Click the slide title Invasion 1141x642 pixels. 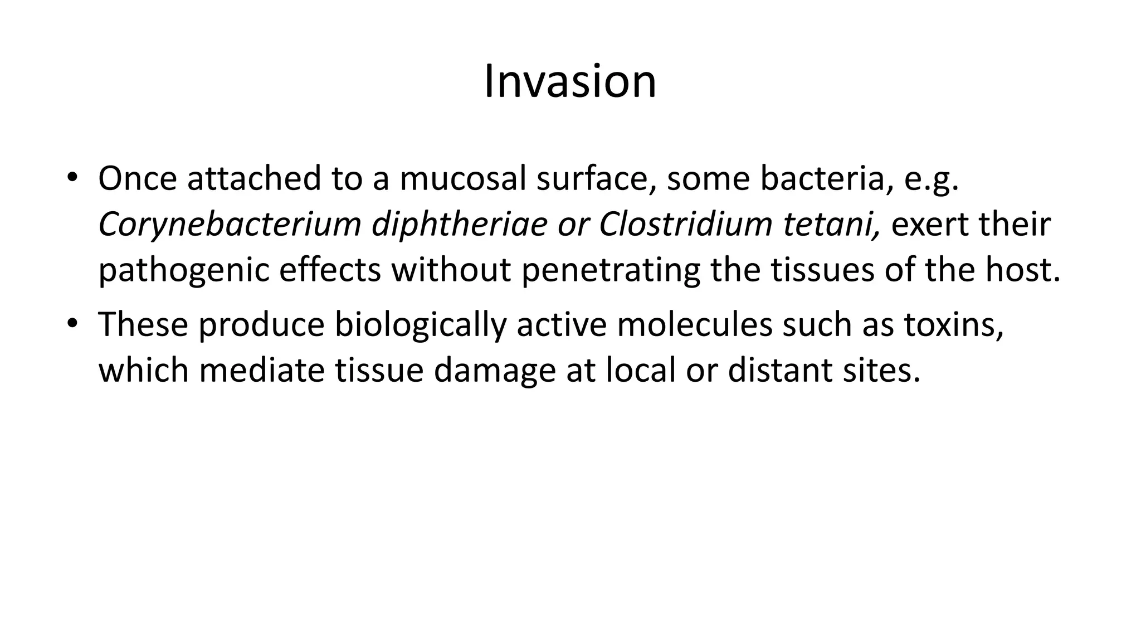tap(570, 82)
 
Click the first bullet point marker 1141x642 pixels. tap(72, 177)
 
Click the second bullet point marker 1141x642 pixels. tap(72, 323)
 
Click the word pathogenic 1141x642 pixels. tap(184, 270)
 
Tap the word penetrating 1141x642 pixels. tap(611, 270)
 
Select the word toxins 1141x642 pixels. tap(953, 324)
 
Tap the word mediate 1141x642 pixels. tap(262, 370)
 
